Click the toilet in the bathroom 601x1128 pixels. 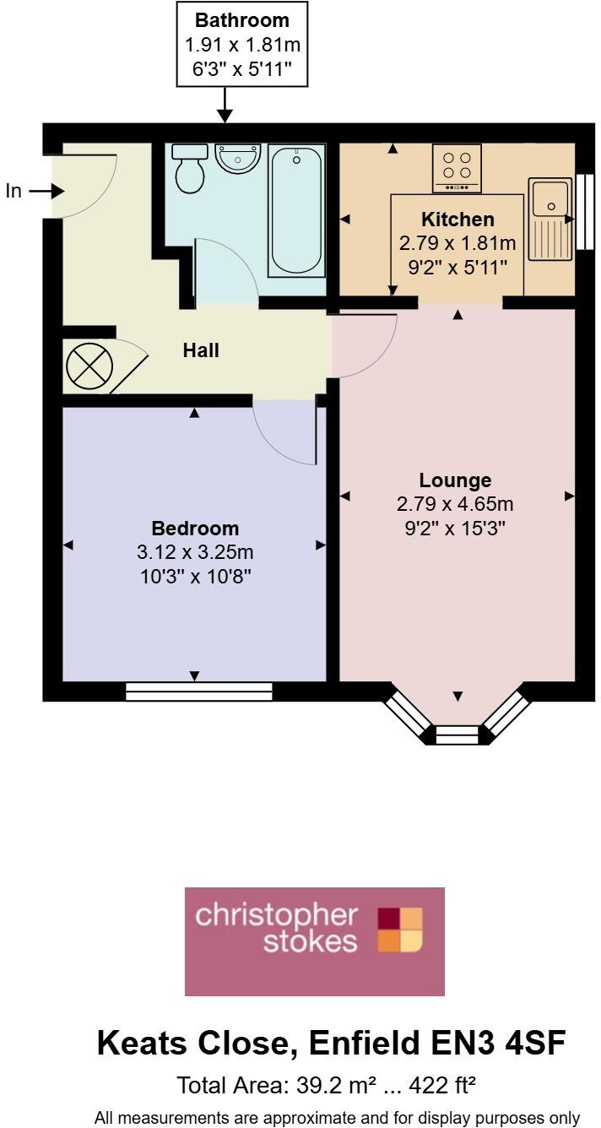pos(189,167)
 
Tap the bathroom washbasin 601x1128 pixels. pos(238,158)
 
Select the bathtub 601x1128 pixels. pos(295,209)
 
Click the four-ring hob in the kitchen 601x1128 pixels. pos(458,165)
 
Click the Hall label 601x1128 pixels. pos(201,350)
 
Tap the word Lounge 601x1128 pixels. pos(455,480)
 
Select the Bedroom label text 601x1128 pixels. pos(195,529)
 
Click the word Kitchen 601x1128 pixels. pos(458,220)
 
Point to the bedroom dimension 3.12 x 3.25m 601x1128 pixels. pos(195,553)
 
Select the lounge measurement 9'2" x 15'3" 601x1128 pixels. pos(455,529)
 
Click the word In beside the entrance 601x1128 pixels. pos(14,192)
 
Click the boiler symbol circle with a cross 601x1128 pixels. pos(89,366)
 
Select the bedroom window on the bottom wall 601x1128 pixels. pos(199,691)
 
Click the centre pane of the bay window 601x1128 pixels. pos(457,735)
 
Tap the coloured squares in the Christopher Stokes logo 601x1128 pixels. pos(399,930)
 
